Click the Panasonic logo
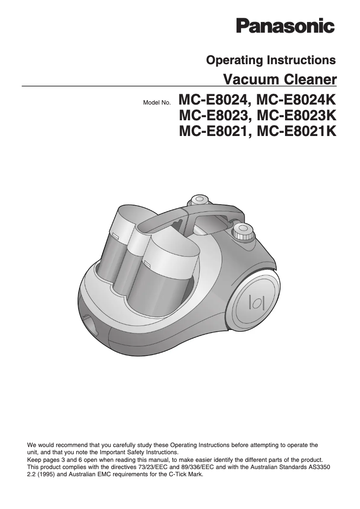(285, 25)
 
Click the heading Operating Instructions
(271, 60)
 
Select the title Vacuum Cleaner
(280, 79)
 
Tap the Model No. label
(156, 103)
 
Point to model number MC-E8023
(213, 116)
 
